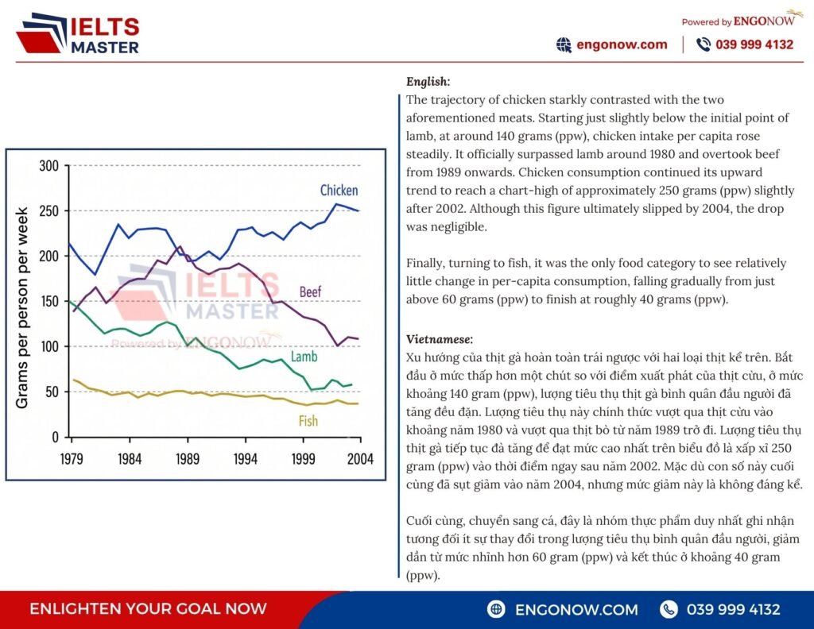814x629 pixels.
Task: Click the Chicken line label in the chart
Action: (339, 191)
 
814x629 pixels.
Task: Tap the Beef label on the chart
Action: (311, 291)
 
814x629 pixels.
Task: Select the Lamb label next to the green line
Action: (304, 357)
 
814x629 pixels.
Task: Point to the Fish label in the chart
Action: (308, 421)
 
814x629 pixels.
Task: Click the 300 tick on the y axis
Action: (48, 166)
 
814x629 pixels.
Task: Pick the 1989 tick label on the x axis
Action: (188, 459)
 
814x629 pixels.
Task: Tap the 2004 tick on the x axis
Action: (360, 459)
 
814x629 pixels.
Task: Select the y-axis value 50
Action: (52, 392)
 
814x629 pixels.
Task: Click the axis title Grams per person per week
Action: (21, 308)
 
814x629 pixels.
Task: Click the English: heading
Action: (428, 82)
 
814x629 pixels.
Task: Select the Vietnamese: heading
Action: (440, 339)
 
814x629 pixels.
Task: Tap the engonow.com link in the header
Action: (622, 44)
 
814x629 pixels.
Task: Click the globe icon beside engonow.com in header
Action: (564, 45)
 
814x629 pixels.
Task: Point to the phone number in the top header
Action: (754, 44)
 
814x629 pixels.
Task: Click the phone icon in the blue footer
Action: (669, 609)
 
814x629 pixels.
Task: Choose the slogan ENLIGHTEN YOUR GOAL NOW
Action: (148, 609)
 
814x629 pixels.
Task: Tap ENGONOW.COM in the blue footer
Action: (576, 609)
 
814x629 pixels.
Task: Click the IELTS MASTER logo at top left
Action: (78, 34)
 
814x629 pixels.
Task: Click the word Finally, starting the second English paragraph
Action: (425, 264)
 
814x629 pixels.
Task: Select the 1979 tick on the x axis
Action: (71, 459)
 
